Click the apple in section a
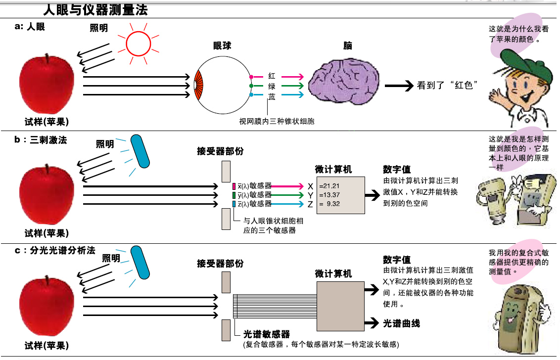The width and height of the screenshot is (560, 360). [x=47, y=85]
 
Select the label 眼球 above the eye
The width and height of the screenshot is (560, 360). [x=222, y=46]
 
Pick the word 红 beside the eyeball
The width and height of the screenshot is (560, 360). [x=272, y=76]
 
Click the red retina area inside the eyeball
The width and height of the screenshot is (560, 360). [x=199, y=86]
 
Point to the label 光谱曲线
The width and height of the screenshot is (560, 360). [x=402, y=323]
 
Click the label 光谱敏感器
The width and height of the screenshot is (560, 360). [x=267, y=334]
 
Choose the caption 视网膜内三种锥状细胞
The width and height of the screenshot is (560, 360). [x=277, y=121]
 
